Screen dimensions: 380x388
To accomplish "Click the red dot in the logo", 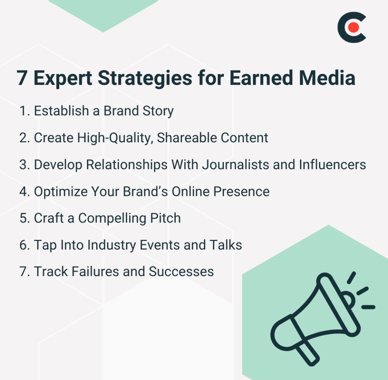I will pos(353,28).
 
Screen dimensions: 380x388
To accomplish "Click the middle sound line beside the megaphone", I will pos(362,291).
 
